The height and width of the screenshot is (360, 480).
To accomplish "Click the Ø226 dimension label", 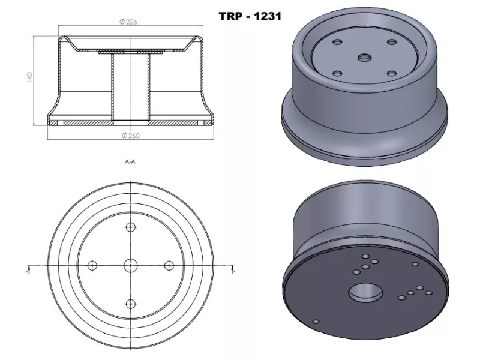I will [x=130, y=22].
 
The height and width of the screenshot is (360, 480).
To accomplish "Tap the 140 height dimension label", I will [x=28, y=78].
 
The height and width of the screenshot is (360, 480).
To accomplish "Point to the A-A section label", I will [x=130, y=162].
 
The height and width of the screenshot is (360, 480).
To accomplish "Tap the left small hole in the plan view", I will [x=92, y=265].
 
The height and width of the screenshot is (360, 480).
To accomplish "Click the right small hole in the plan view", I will [x=169, y=265].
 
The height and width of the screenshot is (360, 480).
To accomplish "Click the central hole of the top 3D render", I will [x=364, y=57].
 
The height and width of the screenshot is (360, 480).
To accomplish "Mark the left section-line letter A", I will [x=28, y=271].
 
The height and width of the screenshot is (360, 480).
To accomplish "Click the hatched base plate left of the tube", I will [x=84, y=122].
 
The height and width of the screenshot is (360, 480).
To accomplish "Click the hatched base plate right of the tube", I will [x=177, y=122].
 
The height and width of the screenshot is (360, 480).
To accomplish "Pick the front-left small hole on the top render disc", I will [x=336, y=73].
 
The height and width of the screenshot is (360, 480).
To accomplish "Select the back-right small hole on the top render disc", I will [x=392, y=42].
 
